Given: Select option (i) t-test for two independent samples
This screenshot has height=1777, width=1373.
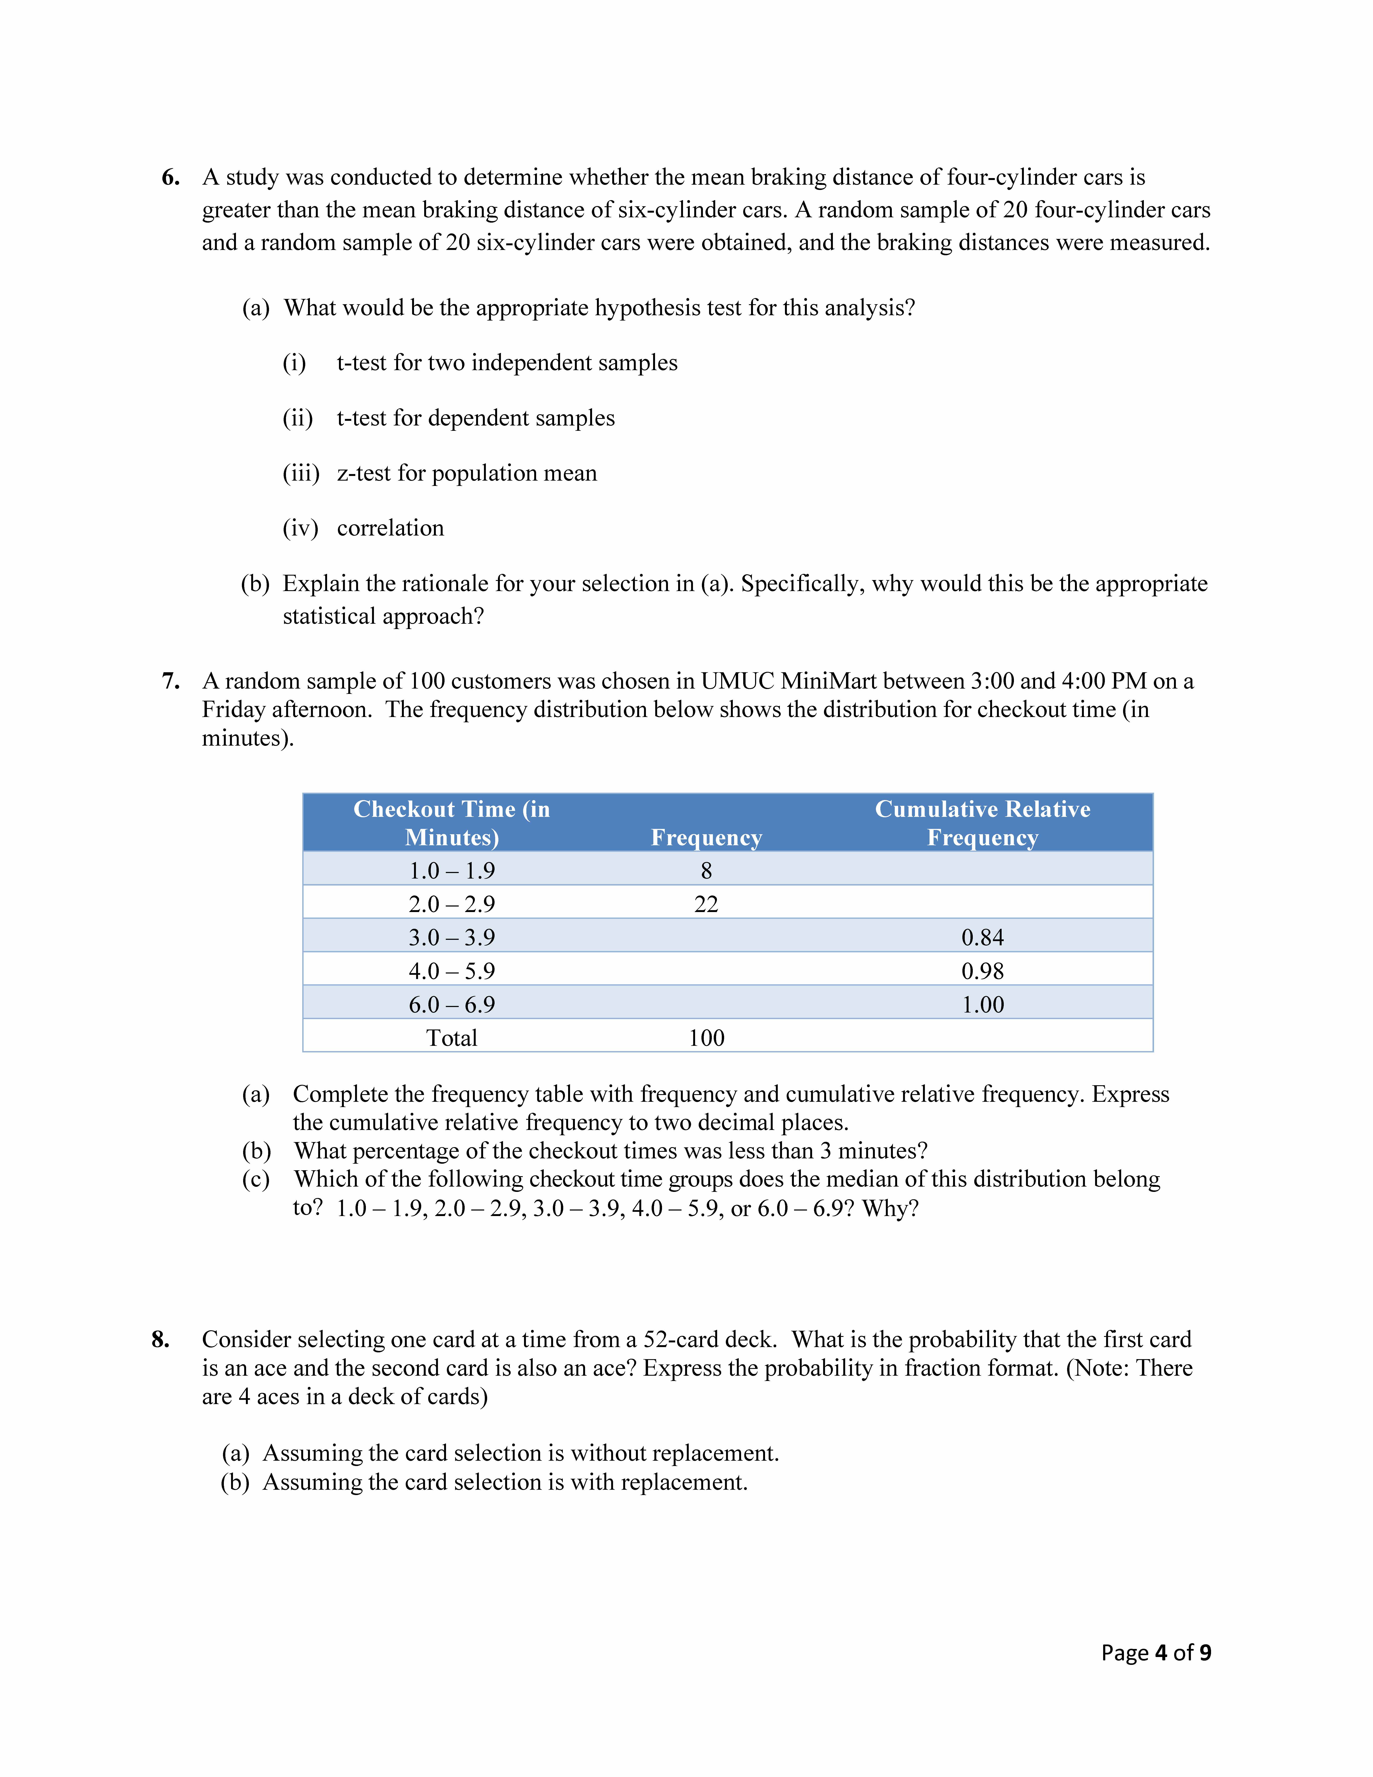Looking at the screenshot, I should click(x=506, y=363).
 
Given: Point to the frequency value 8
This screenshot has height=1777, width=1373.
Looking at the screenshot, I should click(x=706, y=871).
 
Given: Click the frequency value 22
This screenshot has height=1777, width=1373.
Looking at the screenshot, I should click(x=706, y=904).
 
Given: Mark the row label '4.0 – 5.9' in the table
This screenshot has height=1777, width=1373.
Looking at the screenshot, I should click(x=452, y=971).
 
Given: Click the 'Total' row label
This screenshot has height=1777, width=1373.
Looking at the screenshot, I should click(x=452, y=1038).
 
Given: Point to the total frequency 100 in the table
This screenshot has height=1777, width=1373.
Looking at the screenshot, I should click(x=706, y=1038).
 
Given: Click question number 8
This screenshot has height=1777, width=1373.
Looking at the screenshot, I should click(x=160, y=1339).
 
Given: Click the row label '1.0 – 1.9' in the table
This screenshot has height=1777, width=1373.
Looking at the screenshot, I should click(x=452, y=871).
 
